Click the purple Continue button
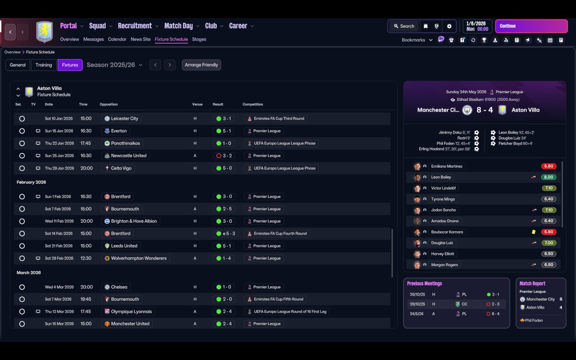531,26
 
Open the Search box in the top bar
404,26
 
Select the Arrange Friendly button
201,65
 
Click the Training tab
44,65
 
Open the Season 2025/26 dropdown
114,65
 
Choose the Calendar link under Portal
117,39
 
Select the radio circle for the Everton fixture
22,131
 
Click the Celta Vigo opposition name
121,168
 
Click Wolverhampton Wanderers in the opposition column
139,258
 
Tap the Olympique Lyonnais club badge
107,311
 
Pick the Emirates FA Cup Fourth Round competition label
280,234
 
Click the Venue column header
197,104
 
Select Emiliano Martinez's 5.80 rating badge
549,166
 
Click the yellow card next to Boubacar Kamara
534,232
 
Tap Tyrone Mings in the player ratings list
443,199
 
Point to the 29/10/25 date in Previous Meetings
417,304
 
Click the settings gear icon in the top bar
449,26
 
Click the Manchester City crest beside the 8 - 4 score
467,110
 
